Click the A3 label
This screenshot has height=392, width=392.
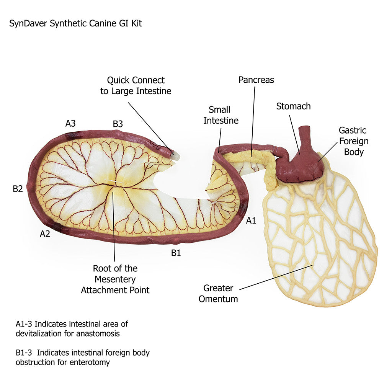coord(70,123)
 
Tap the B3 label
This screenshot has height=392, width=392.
coord(118,124)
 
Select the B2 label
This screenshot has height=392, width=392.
coord(18,189)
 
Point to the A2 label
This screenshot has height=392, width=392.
coord(45,234)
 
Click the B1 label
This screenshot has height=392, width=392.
coord(176,253)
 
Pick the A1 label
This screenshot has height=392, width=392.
coord(251,220)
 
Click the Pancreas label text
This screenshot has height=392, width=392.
coord(256,80)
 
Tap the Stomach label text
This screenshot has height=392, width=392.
coord(293,106)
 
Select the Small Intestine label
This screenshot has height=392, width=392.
coord(221,115)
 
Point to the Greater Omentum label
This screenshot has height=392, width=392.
coord(218,293)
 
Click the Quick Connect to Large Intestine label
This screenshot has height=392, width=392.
coord(136,86)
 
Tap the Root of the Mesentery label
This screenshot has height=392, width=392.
coord(115,279)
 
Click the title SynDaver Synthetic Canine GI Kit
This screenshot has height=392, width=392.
coord(75,23)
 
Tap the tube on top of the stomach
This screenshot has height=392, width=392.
coord(305,136)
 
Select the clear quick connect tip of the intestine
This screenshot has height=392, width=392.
coord(176,156)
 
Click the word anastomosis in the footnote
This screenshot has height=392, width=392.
coord(98,333)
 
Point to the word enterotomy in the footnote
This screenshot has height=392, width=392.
coord(90,362)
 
